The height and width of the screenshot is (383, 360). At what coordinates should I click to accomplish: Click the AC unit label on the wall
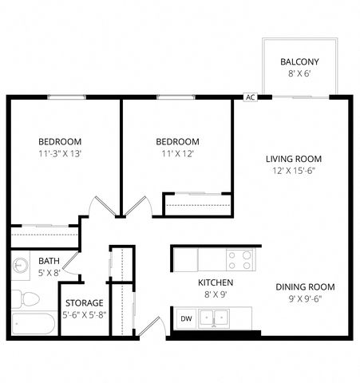(x=250, y=97)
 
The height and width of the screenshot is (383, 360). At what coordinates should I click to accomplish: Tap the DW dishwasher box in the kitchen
(x=186, y=318)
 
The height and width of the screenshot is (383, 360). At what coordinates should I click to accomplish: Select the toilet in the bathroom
(x=26, y=299)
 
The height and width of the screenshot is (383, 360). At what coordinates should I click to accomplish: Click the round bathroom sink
(x=20, y=265)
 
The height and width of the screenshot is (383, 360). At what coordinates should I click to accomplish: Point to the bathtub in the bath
(x=34, y=323)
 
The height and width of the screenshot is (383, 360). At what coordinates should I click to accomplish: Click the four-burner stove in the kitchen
(x=239, y=260)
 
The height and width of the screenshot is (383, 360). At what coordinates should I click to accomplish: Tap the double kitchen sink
(x=214, y=318)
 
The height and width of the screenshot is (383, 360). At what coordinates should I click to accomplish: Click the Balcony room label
(x=299, y=61)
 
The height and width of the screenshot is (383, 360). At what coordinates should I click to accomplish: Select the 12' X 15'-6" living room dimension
(x=294, y=171)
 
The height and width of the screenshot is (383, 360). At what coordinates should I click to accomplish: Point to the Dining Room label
(x=305, y=287)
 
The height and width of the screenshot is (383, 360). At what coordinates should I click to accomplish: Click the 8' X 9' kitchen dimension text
(x=216, y=294)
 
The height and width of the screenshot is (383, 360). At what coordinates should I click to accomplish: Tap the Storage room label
(x=85, y=303)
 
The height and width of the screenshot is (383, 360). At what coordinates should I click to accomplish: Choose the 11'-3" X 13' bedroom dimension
(x=60, y=153)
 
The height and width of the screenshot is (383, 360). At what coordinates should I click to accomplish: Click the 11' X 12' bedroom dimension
(x=177, y=153)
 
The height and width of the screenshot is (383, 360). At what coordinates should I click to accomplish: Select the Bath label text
(x=49, y=261)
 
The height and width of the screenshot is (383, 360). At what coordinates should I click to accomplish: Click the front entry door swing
(x=152, y=326)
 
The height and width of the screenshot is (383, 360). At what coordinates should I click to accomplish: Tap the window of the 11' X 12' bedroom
(x=176, y=97)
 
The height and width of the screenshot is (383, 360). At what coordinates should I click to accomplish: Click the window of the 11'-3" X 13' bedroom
(x=67, y=97)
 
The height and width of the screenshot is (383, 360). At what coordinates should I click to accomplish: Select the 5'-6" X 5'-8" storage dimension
(x=85, y=315)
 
